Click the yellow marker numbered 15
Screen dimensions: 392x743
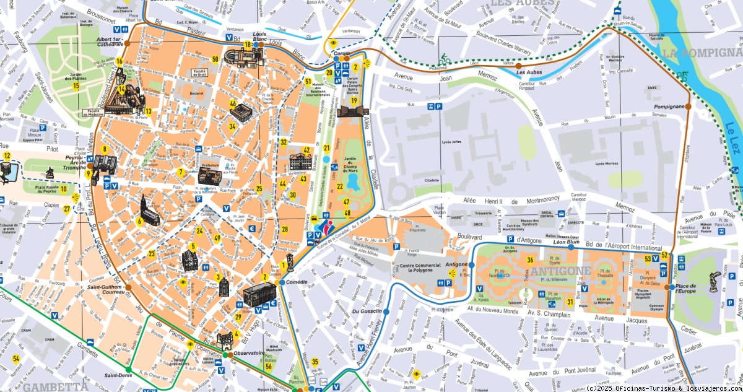76,85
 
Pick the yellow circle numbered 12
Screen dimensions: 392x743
7,156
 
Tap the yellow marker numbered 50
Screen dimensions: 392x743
215,59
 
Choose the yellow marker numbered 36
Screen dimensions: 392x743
530,260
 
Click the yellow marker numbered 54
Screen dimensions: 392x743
17,359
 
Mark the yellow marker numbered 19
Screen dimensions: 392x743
354,100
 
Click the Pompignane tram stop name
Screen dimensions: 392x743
669,107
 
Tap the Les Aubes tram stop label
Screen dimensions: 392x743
529,72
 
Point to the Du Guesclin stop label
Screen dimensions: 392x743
366,311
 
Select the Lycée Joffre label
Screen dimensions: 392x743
453,142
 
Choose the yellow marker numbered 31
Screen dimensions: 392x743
570,302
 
